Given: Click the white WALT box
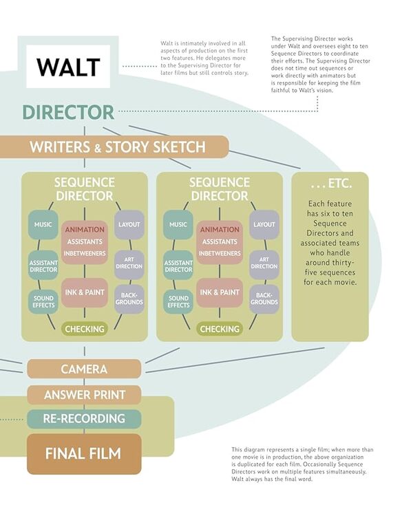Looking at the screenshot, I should [x=68, y=67].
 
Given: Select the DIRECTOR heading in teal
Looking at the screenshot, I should [x=68, y=112].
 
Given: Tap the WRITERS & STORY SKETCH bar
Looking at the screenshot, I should [x=117, y=147].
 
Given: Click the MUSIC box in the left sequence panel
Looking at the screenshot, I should [x=43, y=225].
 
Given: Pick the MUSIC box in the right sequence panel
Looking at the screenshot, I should [x=178, y=225].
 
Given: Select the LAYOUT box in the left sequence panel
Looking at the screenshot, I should [x=129, y=225].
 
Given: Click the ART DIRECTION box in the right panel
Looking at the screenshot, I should [x=264, y=262].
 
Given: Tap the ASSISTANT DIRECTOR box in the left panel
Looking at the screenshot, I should [x=43, y=266].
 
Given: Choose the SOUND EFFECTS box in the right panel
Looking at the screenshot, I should [x=178, y=301].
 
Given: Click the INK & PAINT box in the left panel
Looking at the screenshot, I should [x=85, y=293].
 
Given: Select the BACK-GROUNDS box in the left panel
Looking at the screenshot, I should [x=129, y=299].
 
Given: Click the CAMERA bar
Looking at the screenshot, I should [x=84, y=369].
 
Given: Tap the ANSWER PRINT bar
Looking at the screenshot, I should [x=84, y=395].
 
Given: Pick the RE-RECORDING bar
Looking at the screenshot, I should [x=84, y=418].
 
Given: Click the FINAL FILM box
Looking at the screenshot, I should [x=84, y=453].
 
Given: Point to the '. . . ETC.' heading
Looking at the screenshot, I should [x=331, y=184].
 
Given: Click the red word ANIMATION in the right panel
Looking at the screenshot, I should [x=220, y=230].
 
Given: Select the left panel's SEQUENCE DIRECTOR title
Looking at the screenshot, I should [x=84, y=189].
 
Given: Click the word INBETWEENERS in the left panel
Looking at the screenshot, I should [x=85, y=253].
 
